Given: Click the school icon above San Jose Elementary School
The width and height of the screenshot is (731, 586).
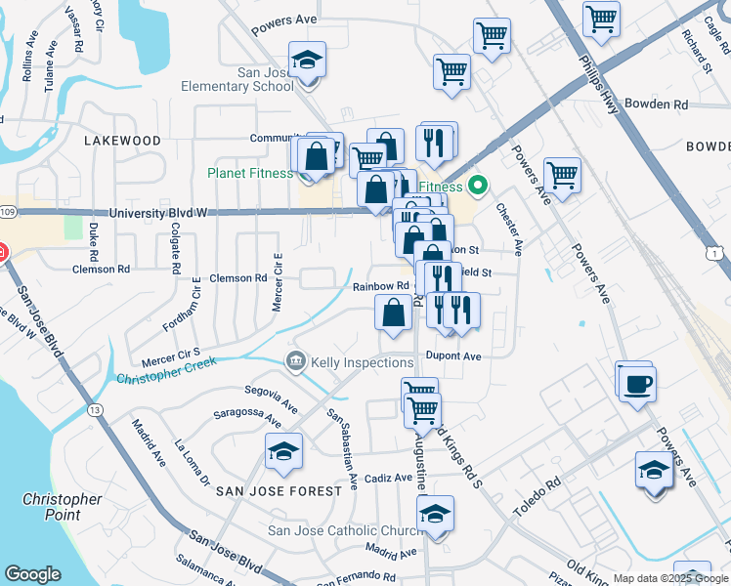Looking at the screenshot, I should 308,61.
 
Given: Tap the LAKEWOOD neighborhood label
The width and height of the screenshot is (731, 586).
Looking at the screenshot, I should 122,141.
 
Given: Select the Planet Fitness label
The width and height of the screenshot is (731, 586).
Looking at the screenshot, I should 250,174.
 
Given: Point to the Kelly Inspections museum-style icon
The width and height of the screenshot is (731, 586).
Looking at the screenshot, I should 294,362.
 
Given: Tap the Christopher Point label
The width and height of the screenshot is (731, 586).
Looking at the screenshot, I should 63,507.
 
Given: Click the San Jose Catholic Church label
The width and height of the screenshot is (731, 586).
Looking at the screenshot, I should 346,531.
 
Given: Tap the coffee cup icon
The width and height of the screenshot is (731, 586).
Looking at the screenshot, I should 636,381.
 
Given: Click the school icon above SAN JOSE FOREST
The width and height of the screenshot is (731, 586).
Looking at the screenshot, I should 283,451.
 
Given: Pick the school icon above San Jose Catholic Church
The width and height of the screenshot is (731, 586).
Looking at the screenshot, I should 436,513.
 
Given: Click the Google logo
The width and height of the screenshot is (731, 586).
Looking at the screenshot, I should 33,574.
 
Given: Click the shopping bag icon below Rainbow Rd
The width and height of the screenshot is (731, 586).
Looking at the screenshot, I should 393,313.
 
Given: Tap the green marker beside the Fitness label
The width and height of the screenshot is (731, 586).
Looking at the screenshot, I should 477,185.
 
